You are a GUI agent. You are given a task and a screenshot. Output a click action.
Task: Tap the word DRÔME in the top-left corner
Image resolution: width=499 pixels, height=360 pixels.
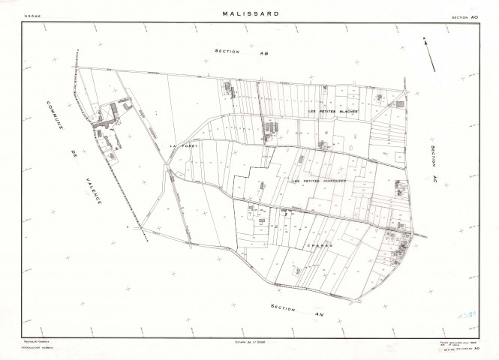point(31,15)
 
